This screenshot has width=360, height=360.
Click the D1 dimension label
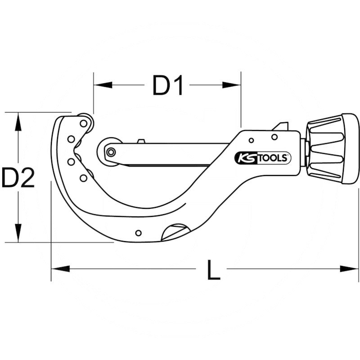tap(168, 85)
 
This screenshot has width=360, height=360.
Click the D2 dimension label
tap(18, 177)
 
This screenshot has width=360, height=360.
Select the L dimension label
tap(213, 269)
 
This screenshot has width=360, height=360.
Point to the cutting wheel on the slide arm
tap(110, 151)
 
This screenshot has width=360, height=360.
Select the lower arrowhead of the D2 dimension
tap(18, 234)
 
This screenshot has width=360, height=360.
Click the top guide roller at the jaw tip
tap(84, 122)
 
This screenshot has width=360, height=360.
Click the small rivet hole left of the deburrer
tap(138, 233)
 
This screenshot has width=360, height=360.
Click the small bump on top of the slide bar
tap(141, 141)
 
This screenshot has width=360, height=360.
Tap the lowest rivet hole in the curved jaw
tap(83, 178)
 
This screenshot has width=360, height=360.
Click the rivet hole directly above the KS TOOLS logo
tap(274, 137)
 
